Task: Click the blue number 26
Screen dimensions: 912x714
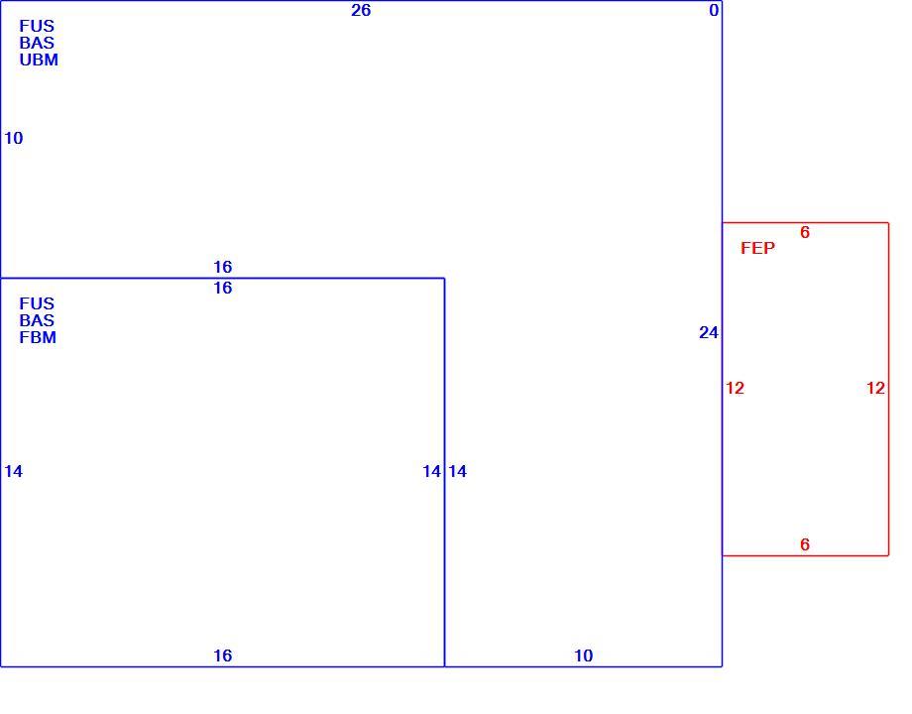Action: click(x=361, y=11)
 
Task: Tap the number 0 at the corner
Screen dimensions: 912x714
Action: click(x=714, y=11)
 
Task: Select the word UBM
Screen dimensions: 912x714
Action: click(x=39, y=59)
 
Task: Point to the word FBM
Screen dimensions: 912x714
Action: click(x=38, y=337)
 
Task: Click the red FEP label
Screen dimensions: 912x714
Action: click(x=757, y=248)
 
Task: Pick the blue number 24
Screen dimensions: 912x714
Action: click(x=709, y=332)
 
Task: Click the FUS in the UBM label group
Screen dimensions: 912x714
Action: click(x=37, y=26)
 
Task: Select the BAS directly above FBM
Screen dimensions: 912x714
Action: click(x=37, y=320)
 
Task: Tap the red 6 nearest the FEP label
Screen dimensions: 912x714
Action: click(x=804, y=232)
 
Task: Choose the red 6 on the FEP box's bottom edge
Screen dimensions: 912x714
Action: click(x=804, y=544)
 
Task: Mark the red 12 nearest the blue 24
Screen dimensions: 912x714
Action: click(x=735, y=388)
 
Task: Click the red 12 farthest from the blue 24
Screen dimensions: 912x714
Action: click(x=875, y=388)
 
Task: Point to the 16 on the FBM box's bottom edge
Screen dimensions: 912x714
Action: click(x=223, y=655)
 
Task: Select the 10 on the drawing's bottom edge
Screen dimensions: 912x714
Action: click(x=583, y=655)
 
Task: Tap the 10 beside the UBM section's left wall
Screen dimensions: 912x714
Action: click(x=13, y=138)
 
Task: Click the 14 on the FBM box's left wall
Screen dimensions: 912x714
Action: click(x=13, y=471)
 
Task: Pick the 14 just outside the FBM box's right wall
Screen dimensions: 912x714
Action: click(x=457, y=471)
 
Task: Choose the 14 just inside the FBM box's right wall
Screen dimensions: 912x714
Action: click(x=431, y=471)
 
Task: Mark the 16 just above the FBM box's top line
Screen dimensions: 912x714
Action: click(x=223, y=267)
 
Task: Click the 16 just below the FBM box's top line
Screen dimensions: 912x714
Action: click(x=223, y=288)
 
